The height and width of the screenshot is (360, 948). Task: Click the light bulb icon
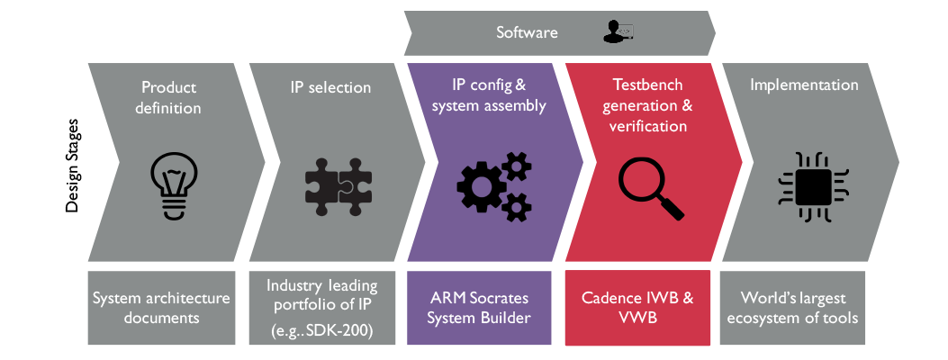point(174,184)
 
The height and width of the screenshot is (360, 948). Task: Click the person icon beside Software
point(618,31)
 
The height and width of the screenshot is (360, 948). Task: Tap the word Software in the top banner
point(527,32)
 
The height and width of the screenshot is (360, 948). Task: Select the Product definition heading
point(168,97)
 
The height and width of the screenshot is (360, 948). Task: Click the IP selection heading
point(330,87)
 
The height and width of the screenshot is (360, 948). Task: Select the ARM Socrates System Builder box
point(479,308)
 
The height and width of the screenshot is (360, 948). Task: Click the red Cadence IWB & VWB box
point(637,308)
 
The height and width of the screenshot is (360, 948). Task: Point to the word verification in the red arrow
point(648,126)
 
